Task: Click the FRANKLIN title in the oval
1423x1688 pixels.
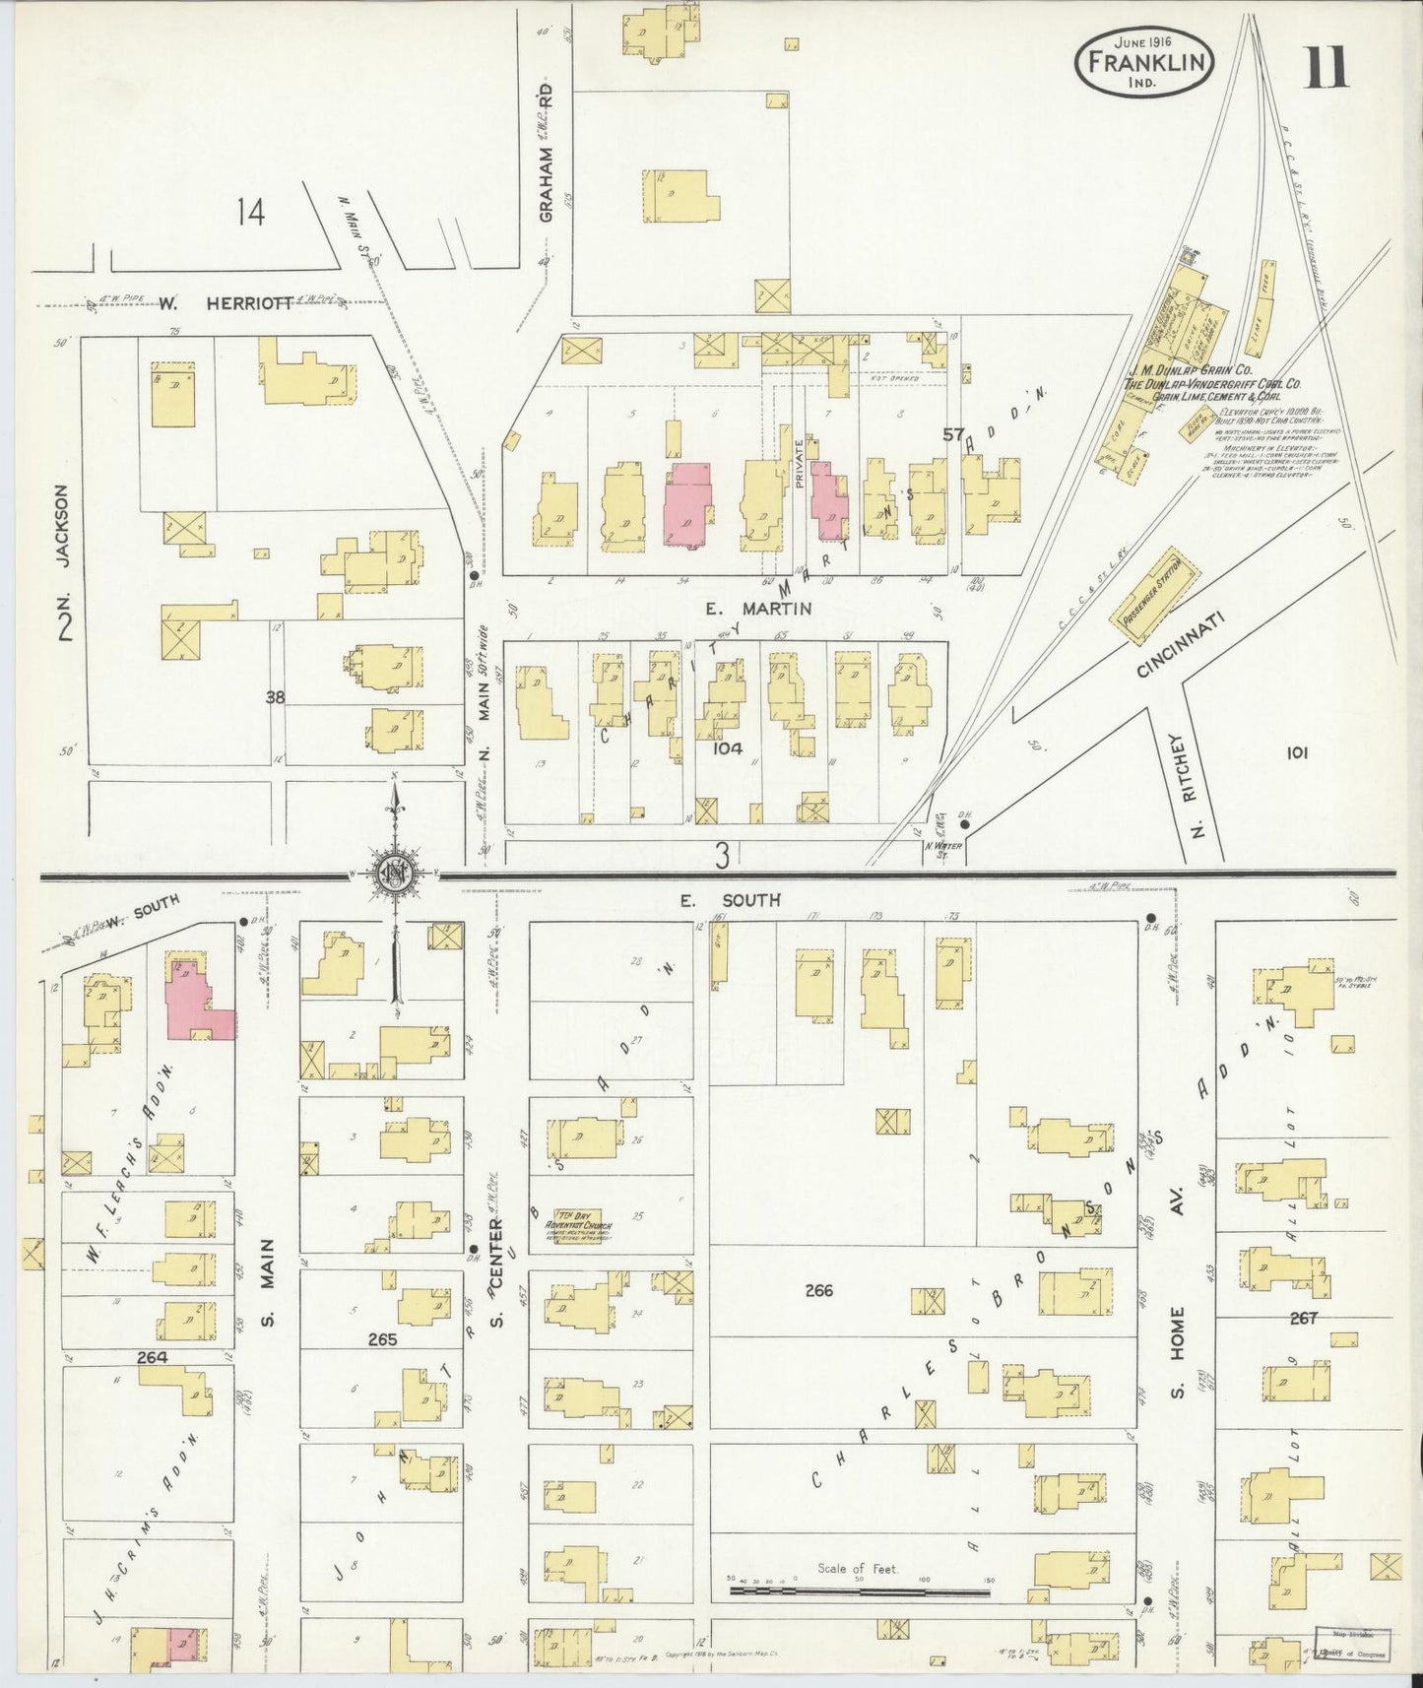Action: point(1145,61)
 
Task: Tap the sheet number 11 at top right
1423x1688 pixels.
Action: point(1326,69)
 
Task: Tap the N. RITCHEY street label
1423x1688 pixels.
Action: point(1198,784)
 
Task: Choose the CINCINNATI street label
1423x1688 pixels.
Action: point(1178,645)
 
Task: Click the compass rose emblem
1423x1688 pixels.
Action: point(393,874)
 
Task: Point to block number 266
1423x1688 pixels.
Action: point(818,1290)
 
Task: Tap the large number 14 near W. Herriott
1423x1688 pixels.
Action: point(250,212)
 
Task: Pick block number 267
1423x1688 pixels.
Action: point(1303,1318)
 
